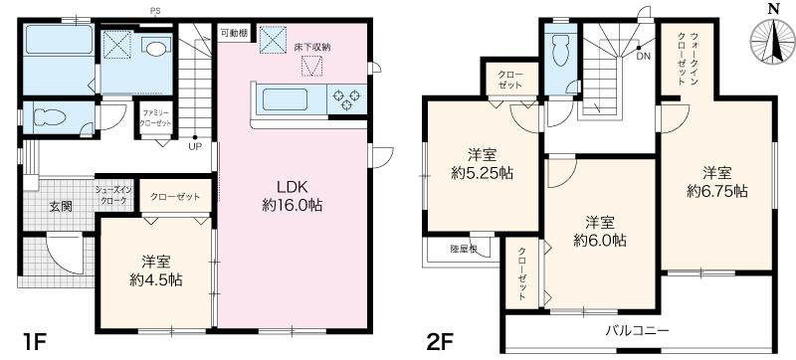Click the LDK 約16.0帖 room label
(296, 196)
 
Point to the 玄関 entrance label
(62, 207)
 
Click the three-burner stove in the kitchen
(350, 98)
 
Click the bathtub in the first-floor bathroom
(58, 43)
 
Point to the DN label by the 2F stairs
(645, 57)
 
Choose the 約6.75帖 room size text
(716, 189)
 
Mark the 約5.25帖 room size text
(483, 172)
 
